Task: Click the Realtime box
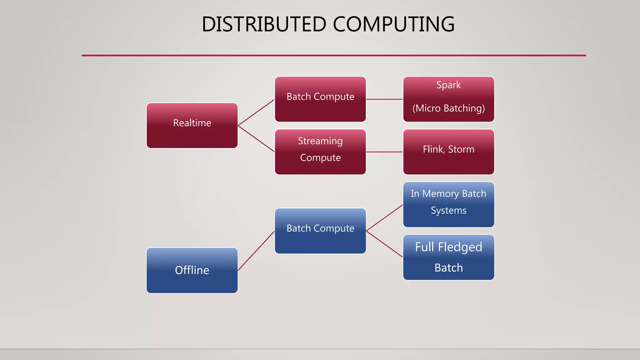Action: pos(192,126)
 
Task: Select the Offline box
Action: pos(192,270)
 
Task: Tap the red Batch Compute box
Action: pos(320,99)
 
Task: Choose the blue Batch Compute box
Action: pos(320,231)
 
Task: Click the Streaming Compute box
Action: pos(320,152)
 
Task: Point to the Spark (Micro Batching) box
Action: pos(448,99)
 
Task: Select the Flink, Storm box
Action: pos(448,152)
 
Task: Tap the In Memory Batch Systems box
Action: pos(448,204)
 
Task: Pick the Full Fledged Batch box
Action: pos(448,257)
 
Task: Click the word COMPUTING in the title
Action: pos(394,24)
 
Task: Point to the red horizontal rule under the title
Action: pos(334,56)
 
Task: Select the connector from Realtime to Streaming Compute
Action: pos(256,139)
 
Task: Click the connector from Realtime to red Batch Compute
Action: pos(256,112)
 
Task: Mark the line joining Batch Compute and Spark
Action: pos(384,99)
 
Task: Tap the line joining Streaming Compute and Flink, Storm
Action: pos(384,152)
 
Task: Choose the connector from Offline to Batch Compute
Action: pos(256,251)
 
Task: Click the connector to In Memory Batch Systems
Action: pos(384,218)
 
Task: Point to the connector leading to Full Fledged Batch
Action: pos(384,244)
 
